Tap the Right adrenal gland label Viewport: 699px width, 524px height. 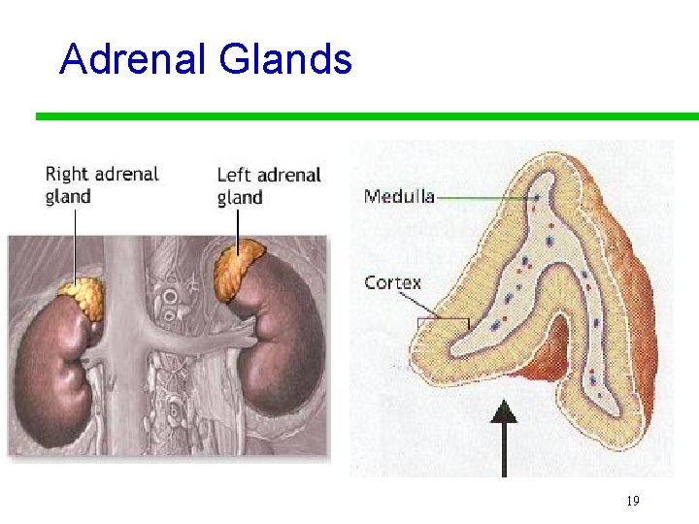coord(101,184)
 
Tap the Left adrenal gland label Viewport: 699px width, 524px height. coord(268,185)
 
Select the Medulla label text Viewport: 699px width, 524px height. coord(398,196)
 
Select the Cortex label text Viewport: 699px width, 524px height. coord(392,283)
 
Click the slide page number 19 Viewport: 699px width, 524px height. coord(632,501)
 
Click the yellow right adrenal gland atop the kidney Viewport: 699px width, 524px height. coord(81,298)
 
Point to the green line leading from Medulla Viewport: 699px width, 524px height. coord(485,197)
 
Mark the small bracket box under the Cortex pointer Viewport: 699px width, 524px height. coord(443,323)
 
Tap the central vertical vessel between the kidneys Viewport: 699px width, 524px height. coord(126,291)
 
